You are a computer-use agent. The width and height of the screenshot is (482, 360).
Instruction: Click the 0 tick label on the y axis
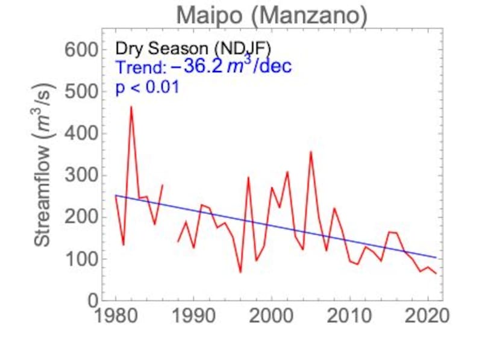[x=92, y=301]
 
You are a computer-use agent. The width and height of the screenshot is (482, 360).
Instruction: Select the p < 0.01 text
[x=147, y=87]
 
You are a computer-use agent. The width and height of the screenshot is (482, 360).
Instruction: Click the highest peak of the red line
[x=131, y=107]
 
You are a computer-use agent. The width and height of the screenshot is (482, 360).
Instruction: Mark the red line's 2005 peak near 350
[x=311, y=152]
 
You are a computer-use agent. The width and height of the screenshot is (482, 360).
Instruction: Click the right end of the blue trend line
[x=436, y=258]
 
